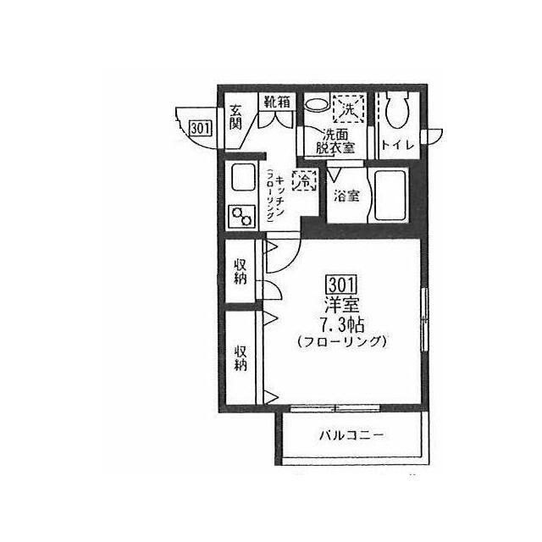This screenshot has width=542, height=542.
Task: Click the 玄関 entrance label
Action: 235,117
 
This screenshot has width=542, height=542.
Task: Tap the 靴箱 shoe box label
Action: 277,102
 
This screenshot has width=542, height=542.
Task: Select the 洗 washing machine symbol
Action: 348,108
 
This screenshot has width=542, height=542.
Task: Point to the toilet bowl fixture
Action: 397,109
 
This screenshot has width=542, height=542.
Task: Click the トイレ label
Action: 398,145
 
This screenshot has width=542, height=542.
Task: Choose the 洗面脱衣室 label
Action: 335,141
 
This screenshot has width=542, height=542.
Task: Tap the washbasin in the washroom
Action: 317,103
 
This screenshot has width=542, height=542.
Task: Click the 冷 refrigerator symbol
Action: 305,180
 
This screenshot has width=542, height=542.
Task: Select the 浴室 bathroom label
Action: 346,196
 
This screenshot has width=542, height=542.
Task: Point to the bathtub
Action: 390,196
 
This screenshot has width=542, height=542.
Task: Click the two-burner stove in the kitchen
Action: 241,217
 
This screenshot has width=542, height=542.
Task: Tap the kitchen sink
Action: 243,178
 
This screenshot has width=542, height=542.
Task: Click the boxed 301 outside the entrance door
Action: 201,128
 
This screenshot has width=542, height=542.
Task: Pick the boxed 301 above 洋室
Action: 341,285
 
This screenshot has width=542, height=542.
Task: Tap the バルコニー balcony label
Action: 351,434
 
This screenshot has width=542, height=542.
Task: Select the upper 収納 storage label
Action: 241,272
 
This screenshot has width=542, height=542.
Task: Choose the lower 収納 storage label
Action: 241,358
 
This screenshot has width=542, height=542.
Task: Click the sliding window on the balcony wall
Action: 335,408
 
